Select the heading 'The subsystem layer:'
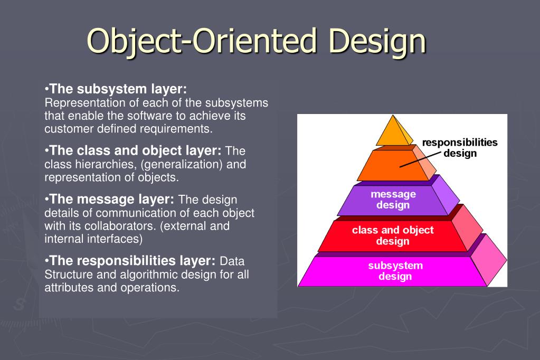[x=118, y=89]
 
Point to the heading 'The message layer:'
[x=112, y=200]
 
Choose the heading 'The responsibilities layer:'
[x=132, y=261]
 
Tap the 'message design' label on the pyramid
[x=393, y=200]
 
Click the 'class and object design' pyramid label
[x=393, y=235]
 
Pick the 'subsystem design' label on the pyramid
[x=395, y=271]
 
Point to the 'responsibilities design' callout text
[x=460, y=148]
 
